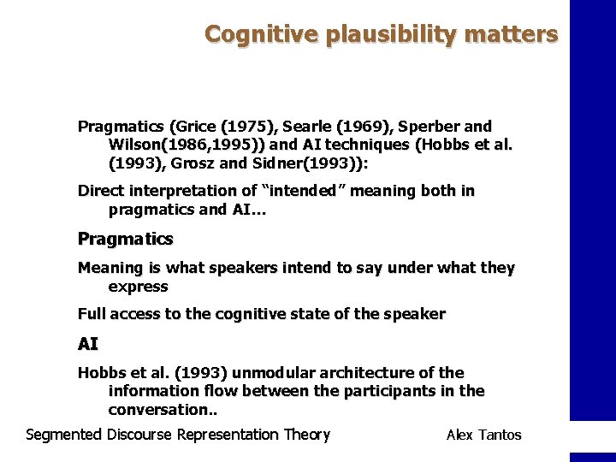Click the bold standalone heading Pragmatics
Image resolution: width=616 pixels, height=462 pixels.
click(x=125, y=239)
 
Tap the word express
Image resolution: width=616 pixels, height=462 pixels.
click(x=138, y=286)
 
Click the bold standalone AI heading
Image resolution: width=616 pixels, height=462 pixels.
click(x=87, y=344)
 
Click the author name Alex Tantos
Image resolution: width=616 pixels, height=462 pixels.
click(x=483, y=435)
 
